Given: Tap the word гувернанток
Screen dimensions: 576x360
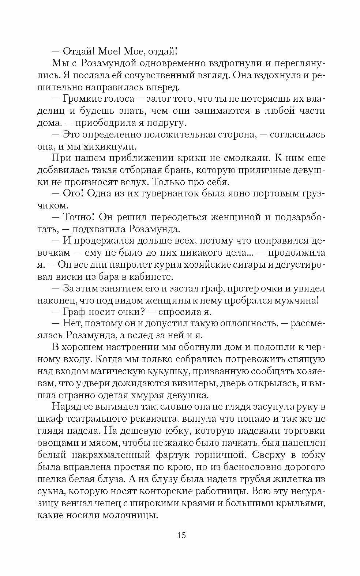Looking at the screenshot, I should coord(165,194).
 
